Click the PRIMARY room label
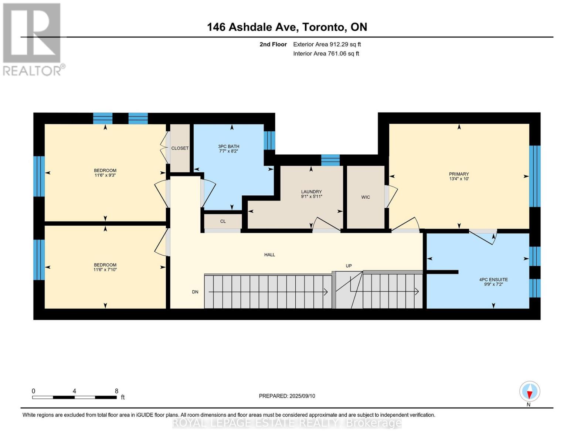(x=459, y=174)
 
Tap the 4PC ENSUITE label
(x=493, y=280)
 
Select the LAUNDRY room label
(x=311, y=192)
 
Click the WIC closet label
(x=366, y=197)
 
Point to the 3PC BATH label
(x=228, y=147)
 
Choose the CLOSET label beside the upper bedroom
(x=180, y=148)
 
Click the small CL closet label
(x=223, y=221)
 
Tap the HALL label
(x=269, y=255)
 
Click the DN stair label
(x=195, y=292)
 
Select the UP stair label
(x=349, y=266)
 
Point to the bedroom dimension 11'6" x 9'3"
(x=105, y=175)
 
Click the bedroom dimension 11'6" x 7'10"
(x=105, y=270)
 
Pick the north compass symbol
(x=530, y=392)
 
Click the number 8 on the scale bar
(x=116, y=391)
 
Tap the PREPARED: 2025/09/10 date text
(x=287, y=396)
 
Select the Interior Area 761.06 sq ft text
(x=326, y=54)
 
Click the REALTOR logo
(x=33, y=39)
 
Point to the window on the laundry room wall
(x=330, y=160)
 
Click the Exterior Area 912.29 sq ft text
(x=327, y=44)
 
